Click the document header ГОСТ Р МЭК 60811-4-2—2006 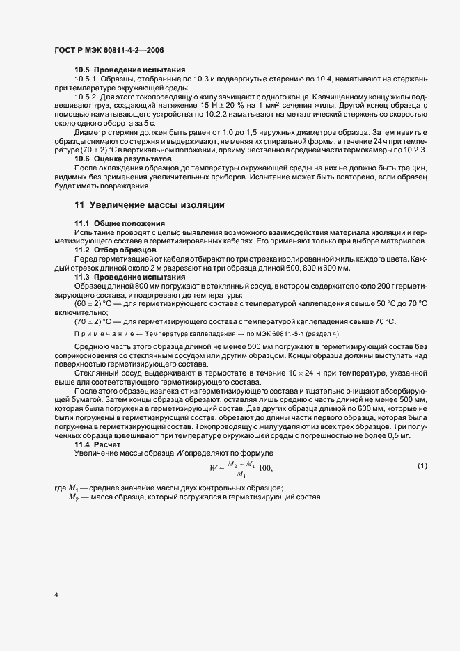tap(108, 51)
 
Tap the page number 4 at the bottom tap(56, 594)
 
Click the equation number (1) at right tap(422, 465)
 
